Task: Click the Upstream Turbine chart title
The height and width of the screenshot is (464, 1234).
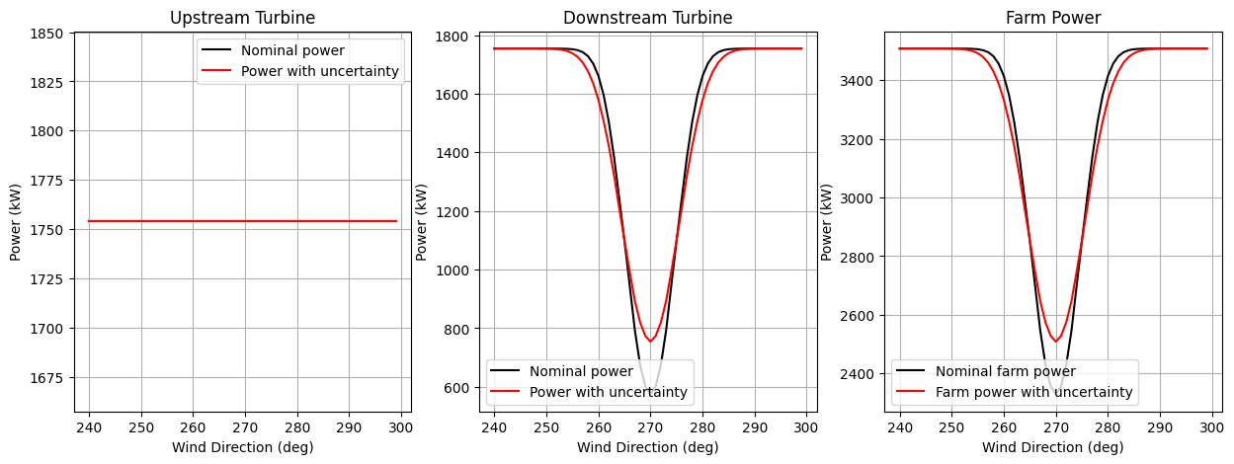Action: coord(242,18)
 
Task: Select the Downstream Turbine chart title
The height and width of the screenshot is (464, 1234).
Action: coord(647,18)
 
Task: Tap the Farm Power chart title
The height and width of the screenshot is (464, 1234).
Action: coord(1053,18)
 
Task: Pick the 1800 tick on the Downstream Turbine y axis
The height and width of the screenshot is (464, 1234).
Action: coord(454,37)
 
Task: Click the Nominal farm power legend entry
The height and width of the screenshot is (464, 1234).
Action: coord(1005,372)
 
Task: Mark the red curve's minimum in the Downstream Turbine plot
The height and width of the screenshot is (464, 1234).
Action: coord(650,342)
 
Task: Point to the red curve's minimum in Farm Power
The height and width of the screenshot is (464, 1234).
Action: coord(1056,342)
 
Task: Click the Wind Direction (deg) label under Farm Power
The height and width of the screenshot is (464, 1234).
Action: coord(1053,447)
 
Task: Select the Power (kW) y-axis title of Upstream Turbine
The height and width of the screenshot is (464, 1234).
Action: coord(16,222)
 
